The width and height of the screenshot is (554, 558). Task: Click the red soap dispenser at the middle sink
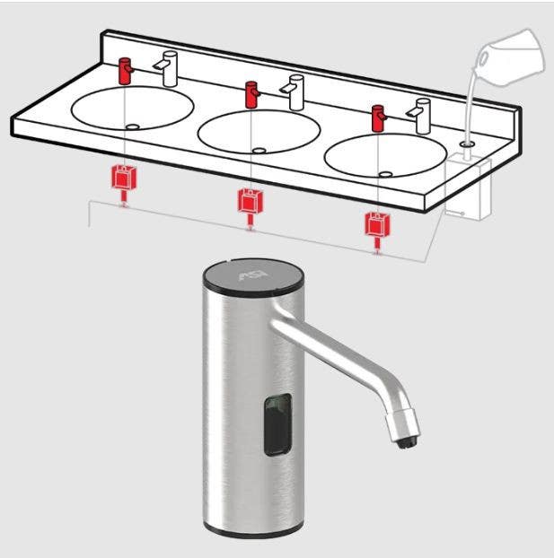[252, 92]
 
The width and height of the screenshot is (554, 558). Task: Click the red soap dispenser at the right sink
[379, 117]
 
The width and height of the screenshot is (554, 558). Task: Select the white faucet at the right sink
[419, 112]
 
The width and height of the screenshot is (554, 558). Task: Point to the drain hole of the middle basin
[259, 151]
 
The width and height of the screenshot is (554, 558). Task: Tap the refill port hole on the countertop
[465, 143]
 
